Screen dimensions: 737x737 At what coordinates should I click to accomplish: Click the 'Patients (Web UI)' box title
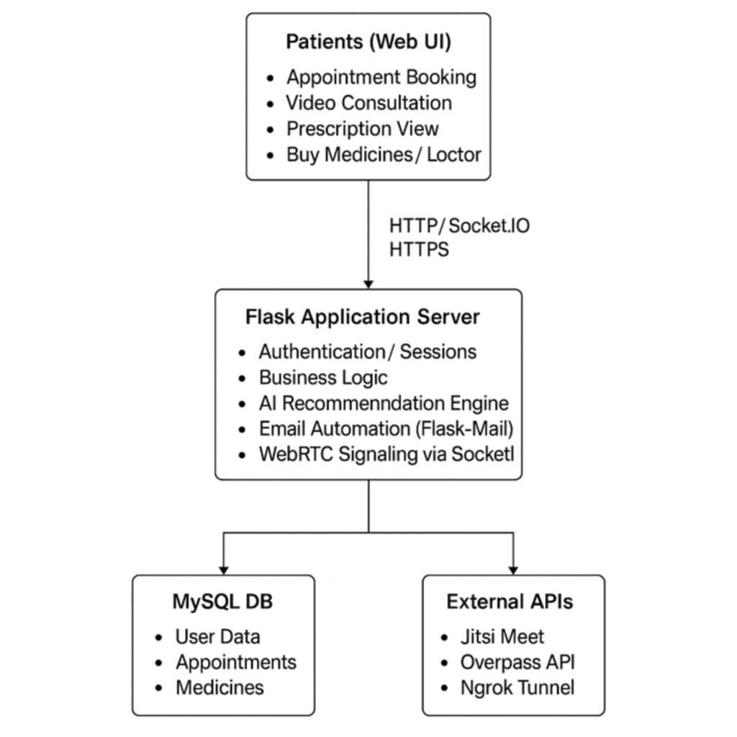(x=368, y=42)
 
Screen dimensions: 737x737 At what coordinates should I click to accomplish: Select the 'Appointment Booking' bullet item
(x=381, y=77)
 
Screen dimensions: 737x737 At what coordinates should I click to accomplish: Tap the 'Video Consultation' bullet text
(x=368, y=103)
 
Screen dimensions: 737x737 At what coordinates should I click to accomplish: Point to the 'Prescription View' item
(x=362, y=129)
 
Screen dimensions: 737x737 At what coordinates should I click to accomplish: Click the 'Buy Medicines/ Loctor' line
(x=384, y=155)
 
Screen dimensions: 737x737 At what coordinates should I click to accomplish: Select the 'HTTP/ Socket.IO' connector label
(x=459, y=226)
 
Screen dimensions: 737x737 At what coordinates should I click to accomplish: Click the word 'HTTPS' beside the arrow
(x=419, y=250)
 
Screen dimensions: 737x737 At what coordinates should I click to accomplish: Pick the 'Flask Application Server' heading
(x=363, y=317)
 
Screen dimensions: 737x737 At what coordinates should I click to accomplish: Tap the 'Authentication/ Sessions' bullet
(x=367, y=352)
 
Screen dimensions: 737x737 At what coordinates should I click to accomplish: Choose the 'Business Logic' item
(x=323, y=378)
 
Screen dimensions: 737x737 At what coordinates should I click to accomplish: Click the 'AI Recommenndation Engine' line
(x=384, y=404)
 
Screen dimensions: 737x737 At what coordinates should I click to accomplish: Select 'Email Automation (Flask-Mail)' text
(x=386, y=429)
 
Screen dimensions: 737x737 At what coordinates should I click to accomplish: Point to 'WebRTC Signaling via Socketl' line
(x=386, y=455)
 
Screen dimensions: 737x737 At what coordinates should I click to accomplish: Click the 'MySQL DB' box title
(x=222, y=602)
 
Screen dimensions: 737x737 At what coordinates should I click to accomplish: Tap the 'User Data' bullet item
(x=217, y=637)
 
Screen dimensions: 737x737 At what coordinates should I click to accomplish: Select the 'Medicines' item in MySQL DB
(x=220, y=687)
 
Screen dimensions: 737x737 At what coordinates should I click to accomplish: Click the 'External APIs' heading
(x=510, y=602)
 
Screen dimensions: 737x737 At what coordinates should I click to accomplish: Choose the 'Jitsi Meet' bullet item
(x=502, y=637)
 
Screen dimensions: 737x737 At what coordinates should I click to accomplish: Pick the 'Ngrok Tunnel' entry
(x=517, y=687)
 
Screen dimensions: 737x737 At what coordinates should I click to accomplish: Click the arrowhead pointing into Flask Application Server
(x=368, y=283)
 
